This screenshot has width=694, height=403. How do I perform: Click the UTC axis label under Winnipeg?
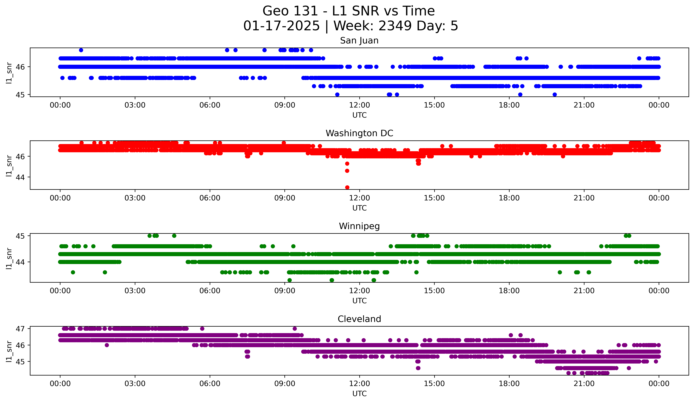click(x=359, y=301)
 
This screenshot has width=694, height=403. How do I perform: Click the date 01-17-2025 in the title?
click(x=281, y=26)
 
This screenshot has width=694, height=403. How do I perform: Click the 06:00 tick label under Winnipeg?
click(x=210, y=291)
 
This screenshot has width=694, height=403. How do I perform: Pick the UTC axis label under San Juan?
click(x=359, y=115)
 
